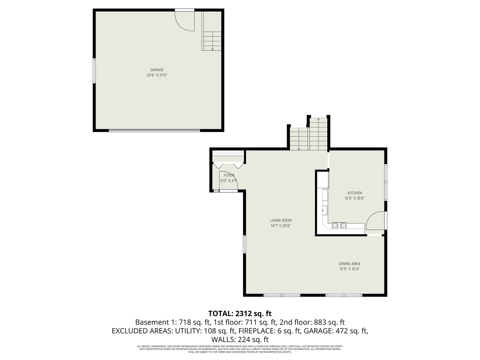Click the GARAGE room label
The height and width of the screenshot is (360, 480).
[157, 70]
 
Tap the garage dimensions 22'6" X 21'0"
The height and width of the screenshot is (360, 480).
[157, 75]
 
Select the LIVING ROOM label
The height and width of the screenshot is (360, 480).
[281, 220]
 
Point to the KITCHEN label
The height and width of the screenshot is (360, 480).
[355, 193]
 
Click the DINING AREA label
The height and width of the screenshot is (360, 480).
[350, 264]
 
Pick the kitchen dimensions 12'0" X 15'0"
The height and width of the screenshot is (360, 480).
[355, 198]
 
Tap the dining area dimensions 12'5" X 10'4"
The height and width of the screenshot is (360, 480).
[350, 269]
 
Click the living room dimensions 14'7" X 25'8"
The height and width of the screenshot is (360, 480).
[281, 226]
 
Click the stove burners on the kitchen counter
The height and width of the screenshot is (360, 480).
[339, 225]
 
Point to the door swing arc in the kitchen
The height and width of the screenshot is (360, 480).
[375, 220]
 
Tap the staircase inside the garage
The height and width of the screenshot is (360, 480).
[212, 41]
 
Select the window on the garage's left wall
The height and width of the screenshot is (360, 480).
[94, 71]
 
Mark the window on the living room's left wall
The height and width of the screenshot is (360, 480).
[244, 244]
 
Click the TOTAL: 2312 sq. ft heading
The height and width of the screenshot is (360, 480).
[240, 313]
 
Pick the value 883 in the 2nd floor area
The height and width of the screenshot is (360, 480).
[321, 322]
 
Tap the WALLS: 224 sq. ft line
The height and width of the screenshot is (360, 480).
[240, 340]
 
